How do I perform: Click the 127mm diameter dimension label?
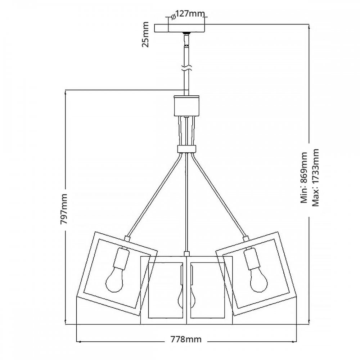pos(191,14)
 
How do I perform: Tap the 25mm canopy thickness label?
pos(145,35)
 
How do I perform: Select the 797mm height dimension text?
pos(64,209)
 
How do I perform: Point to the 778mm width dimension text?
pos(186,339)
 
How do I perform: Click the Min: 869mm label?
pos(304,177)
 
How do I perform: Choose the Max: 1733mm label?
pos(316,177)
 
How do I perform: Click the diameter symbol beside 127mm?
pos(174,16)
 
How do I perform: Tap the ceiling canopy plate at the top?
pos(180,28)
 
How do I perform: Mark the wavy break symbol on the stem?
pos(186,68)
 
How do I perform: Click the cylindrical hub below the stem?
pos(186,106)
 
